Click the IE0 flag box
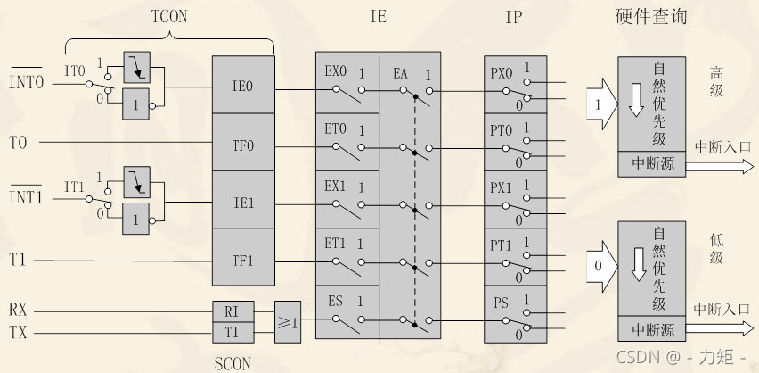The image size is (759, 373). tap(243, 87)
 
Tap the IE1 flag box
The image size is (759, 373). tap(243, 203)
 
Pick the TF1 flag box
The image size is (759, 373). tap(243, 261)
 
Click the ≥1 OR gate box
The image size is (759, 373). tap(287, 321)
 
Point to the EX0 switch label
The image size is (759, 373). tap(335, 72)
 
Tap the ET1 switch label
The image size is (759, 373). tap(335, 245)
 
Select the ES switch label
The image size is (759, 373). tap(335, 301)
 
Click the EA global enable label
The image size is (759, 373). tap(401, 73)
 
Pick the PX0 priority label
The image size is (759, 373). tap(502, 73)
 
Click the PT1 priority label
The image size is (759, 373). tap(502, 245)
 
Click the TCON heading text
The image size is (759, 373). tap(169, 16)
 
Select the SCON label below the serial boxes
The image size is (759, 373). tap(233, 363)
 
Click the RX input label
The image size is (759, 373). tap(19, 311)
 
